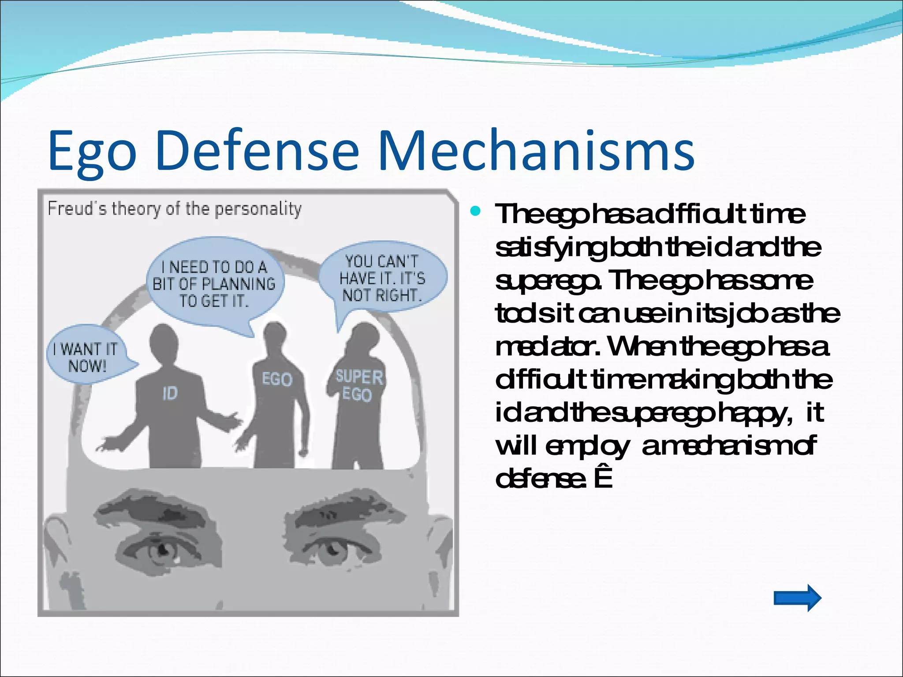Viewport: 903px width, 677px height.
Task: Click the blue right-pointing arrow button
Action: pos(797,598)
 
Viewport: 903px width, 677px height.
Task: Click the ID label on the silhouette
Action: pos(170,393)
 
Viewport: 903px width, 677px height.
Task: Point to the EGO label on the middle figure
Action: pos(277,379)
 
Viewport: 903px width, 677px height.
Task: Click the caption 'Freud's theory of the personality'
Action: pos(175,208)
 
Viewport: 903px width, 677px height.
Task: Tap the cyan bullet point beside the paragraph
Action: pos(475,212)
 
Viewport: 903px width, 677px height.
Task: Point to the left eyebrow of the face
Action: pos(154,507)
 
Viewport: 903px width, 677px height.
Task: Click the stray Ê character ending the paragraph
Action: pos(603,479)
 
